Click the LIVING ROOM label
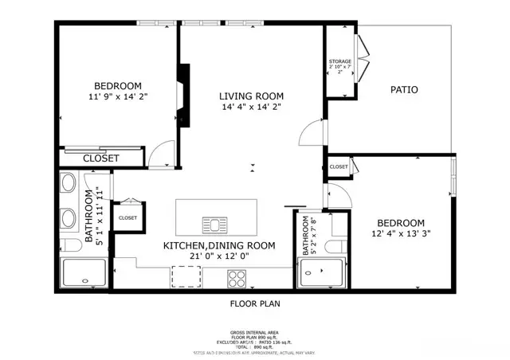point(251,96)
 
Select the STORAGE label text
point(340,61)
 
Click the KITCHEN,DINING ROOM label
point(219,245)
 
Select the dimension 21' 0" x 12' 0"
point(219,257)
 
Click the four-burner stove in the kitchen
point(237,278)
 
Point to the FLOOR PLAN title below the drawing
point(255,303)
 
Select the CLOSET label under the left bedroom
point(101,158)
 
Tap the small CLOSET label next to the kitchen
point(127,217)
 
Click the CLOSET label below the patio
point(339,166)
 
